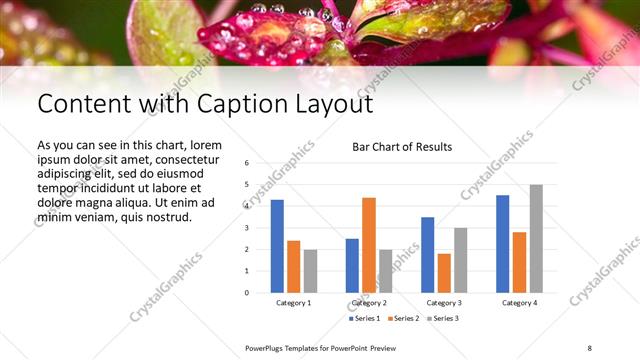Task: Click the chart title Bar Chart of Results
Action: [x=402, y=147]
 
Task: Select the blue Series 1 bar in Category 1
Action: [x=277, y=246]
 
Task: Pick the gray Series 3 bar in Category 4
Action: [x=536, y=238]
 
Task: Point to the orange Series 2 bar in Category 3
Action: [x=444, y=273]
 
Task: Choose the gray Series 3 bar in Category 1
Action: [x=310, y=271]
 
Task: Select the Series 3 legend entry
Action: [x=442, y=318]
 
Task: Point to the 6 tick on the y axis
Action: [x=246, y=162]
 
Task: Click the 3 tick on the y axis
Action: [x=246, y=227]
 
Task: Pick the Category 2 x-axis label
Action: [x=370, y=302]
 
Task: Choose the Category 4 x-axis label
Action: [x=520, y=302]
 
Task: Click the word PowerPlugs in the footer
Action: [x=268, y=347]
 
